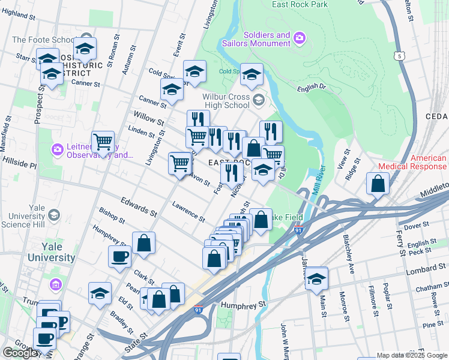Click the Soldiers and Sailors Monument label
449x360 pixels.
267,39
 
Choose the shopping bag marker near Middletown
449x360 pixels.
378,185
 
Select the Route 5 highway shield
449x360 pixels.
399,56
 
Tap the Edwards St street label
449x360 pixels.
139,208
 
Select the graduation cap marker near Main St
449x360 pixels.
316,278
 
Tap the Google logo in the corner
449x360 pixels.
21,353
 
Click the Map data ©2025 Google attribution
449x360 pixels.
412,355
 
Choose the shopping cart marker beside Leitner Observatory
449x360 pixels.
103,143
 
